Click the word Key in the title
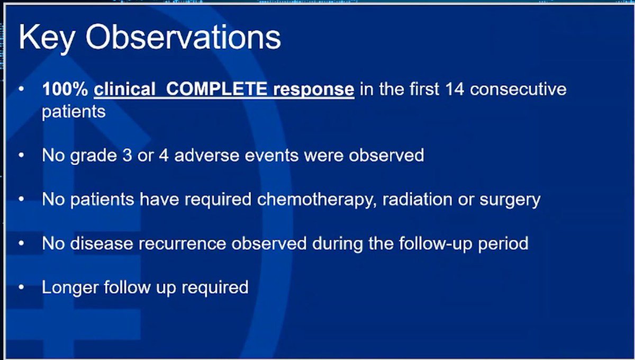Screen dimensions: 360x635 click(46, 38)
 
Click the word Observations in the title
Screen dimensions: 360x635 click(183, 38)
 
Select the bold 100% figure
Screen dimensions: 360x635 click(65, 89)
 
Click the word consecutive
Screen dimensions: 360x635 click(518, 89)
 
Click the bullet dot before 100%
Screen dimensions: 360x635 click(21, 89)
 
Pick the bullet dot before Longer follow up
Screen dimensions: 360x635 click(21, 287)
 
